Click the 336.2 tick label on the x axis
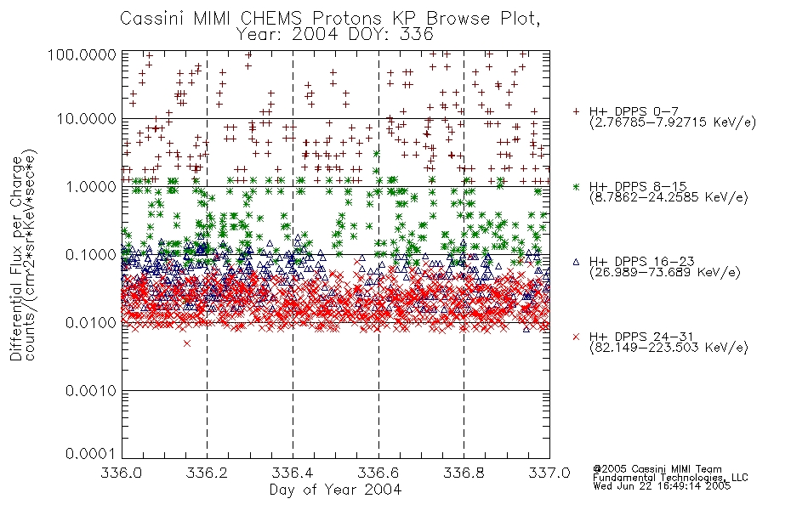(x=208, y=473)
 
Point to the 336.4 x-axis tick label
(x=293, y=473)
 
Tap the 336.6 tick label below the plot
(x=378, y=473)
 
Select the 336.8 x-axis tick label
(x=464, y=473)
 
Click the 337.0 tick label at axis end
(x=549, y=473)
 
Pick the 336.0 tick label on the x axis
(x=122, y=473)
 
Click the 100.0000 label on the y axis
(x=83, y=54)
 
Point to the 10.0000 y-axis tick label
(x=87, y=119)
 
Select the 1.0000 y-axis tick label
(x=91, y=186)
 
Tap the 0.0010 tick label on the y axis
(x=91, y=391)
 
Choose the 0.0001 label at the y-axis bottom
(x=91, y=454)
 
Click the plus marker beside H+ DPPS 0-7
(x=576, y=111)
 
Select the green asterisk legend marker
(x=576, y=186)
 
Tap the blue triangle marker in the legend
(x=576, y=262)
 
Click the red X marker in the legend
(x=576, y=337)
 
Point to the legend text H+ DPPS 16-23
(x=642, y=262)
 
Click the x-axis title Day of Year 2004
(x=335, y=490)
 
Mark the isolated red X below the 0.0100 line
(x=187, y=343)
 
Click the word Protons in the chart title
(x=347, y=19)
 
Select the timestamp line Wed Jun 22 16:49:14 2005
(x=662, y=486)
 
